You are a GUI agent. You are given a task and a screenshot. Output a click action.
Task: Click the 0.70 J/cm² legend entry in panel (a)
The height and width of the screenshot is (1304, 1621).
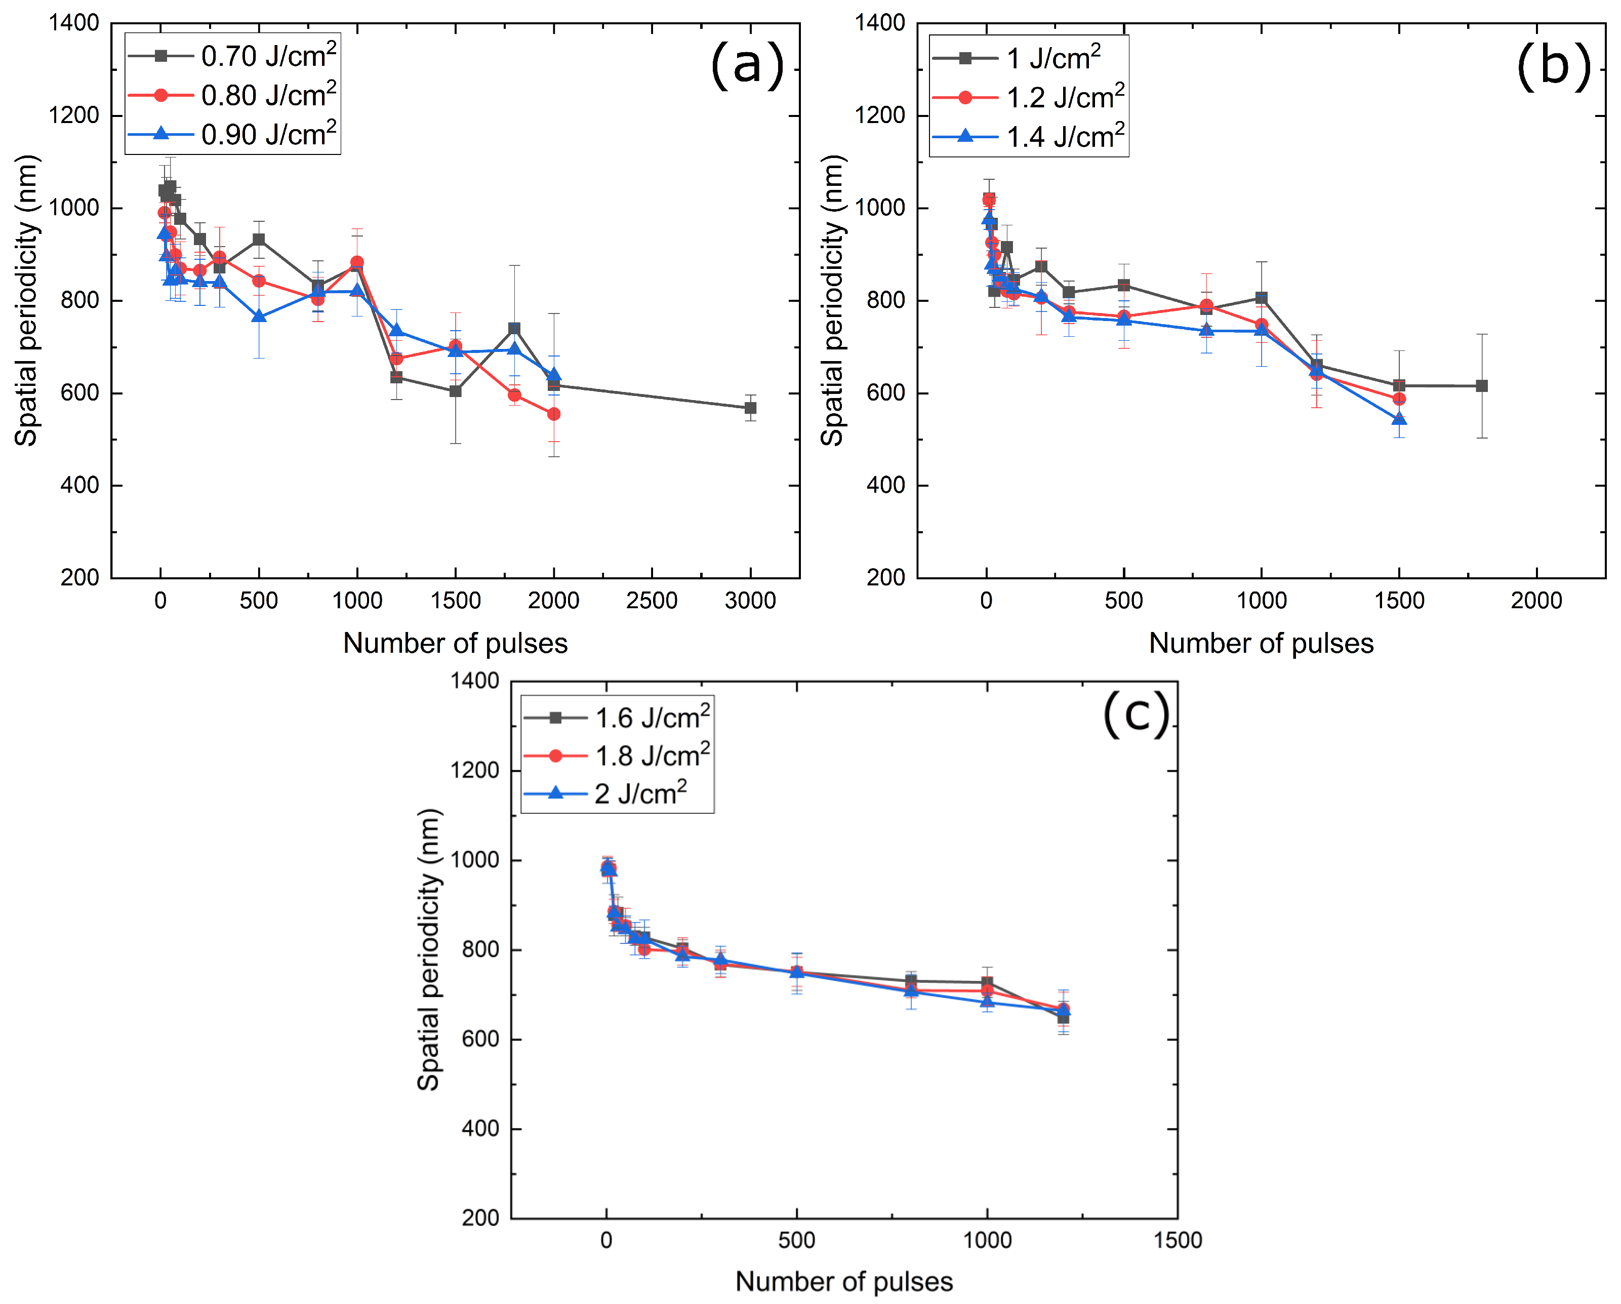coord(233,56)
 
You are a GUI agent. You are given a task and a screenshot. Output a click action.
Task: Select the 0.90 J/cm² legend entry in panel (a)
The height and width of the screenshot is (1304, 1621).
coord(233,135)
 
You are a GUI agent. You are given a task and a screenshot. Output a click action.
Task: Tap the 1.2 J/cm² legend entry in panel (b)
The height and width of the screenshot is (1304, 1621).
coord(1030,98)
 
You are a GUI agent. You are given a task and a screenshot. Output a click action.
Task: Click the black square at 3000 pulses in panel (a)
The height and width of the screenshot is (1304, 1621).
coord(750,408)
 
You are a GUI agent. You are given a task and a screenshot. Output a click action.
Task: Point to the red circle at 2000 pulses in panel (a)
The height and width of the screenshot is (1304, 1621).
coord(553,414)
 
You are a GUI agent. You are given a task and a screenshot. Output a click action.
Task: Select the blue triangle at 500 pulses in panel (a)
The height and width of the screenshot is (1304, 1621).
coord(259,317)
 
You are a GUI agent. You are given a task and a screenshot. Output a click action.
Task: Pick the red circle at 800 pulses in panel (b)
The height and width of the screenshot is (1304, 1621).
coord(1206,305)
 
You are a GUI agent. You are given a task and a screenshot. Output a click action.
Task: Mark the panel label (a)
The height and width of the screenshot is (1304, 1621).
coord(747,65)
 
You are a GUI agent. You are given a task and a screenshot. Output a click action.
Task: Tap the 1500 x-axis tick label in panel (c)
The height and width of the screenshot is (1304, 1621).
coord(1178,1240)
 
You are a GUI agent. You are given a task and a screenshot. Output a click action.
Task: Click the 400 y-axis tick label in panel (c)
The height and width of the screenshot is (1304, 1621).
coord(480,1129)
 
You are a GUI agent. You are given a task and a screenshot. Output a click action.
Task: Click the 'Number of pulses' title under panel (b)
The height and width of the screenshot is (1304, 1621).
coord(1261,644)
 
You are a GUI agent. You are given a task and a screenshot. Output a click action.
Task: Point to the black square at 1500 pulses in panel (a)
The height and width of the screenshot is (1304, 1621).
coord(455,391)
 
